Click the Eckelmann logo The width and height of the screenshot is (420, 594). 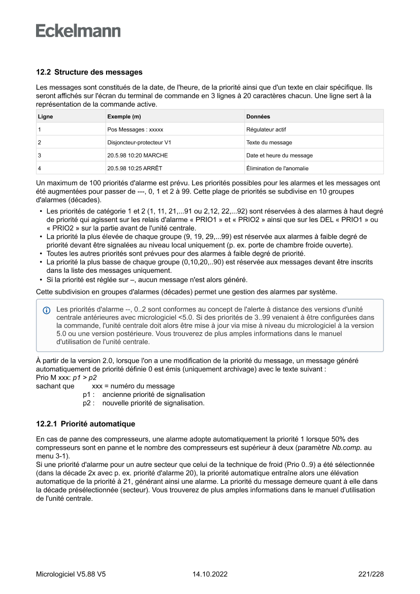coord(78,31)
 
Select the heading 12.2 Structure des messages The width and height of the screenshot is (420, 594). coord(89,72)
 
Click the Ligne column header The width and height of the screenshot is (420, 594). coord(45,116)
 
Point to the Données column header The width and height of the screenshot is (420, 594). coord(258,116)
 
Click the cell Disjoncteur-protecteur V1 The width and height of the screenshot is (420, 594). coord(139,142)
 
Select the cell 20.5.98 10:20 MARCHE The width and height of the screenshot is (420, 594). coord(137,155)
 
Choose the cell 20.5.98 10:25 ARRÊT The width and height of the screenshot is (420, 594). coord(135,168)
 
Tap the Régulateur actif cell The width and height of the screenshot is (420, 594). coord(266,130)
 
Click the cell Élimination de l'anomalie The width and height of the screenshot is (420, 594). coord(277,168)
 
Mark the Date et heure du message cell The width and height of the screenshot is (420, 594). coord(279,155)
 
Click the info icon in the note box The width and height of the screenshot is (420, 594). coord(47,309)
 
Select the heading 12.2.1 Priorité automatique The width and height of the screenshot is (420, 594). coord(85,423)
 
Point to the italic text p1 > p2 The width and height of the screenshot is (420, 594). coord(85,378)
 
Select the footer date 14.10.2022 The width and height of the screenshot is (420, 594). coord(210,574)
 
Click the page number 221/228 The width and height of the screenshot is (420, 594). coord(371,574)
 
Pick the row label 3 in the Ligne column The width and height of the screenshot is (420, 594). coord(39,155)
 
